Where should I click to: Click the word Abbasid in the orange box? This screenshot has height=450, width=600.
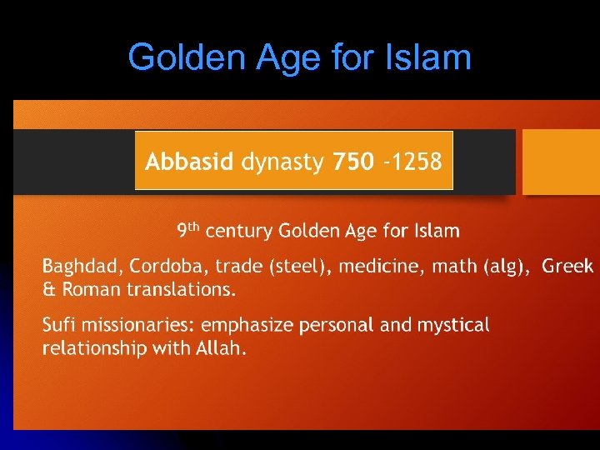(189, 162)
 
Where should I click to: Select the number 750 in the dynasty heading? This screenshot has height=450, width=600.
(353, 162)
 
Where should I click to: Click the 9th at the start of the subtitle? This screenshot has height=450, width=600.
(187, 229)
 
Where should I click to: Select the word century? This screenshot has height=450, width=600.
(240, 230)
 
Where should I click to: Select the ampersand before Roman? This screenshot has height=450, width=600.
(48, 290)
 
